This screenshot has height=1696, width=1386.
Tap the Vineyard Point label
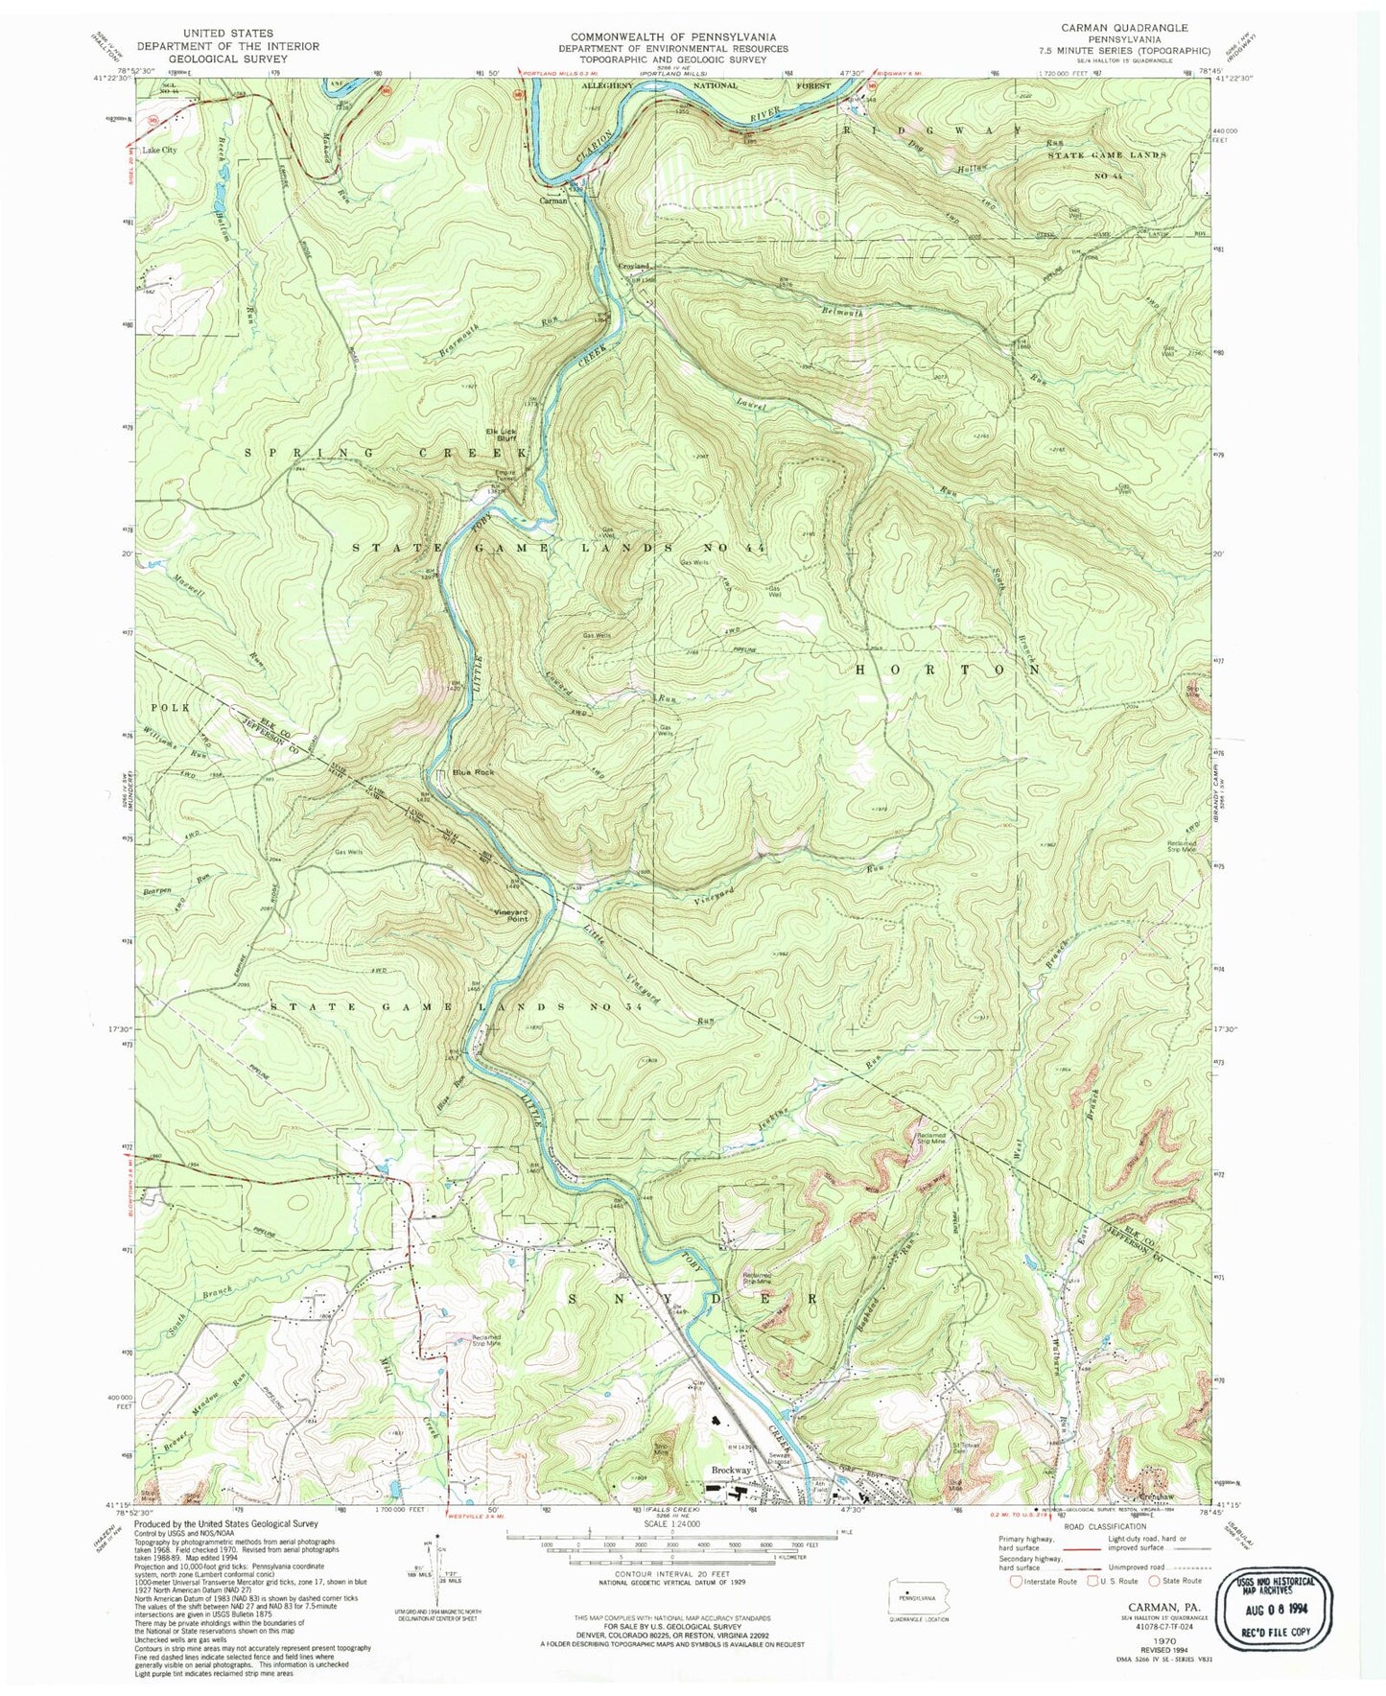[509, 915]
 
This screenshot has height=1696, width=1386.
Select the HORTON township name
[945, 671]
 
